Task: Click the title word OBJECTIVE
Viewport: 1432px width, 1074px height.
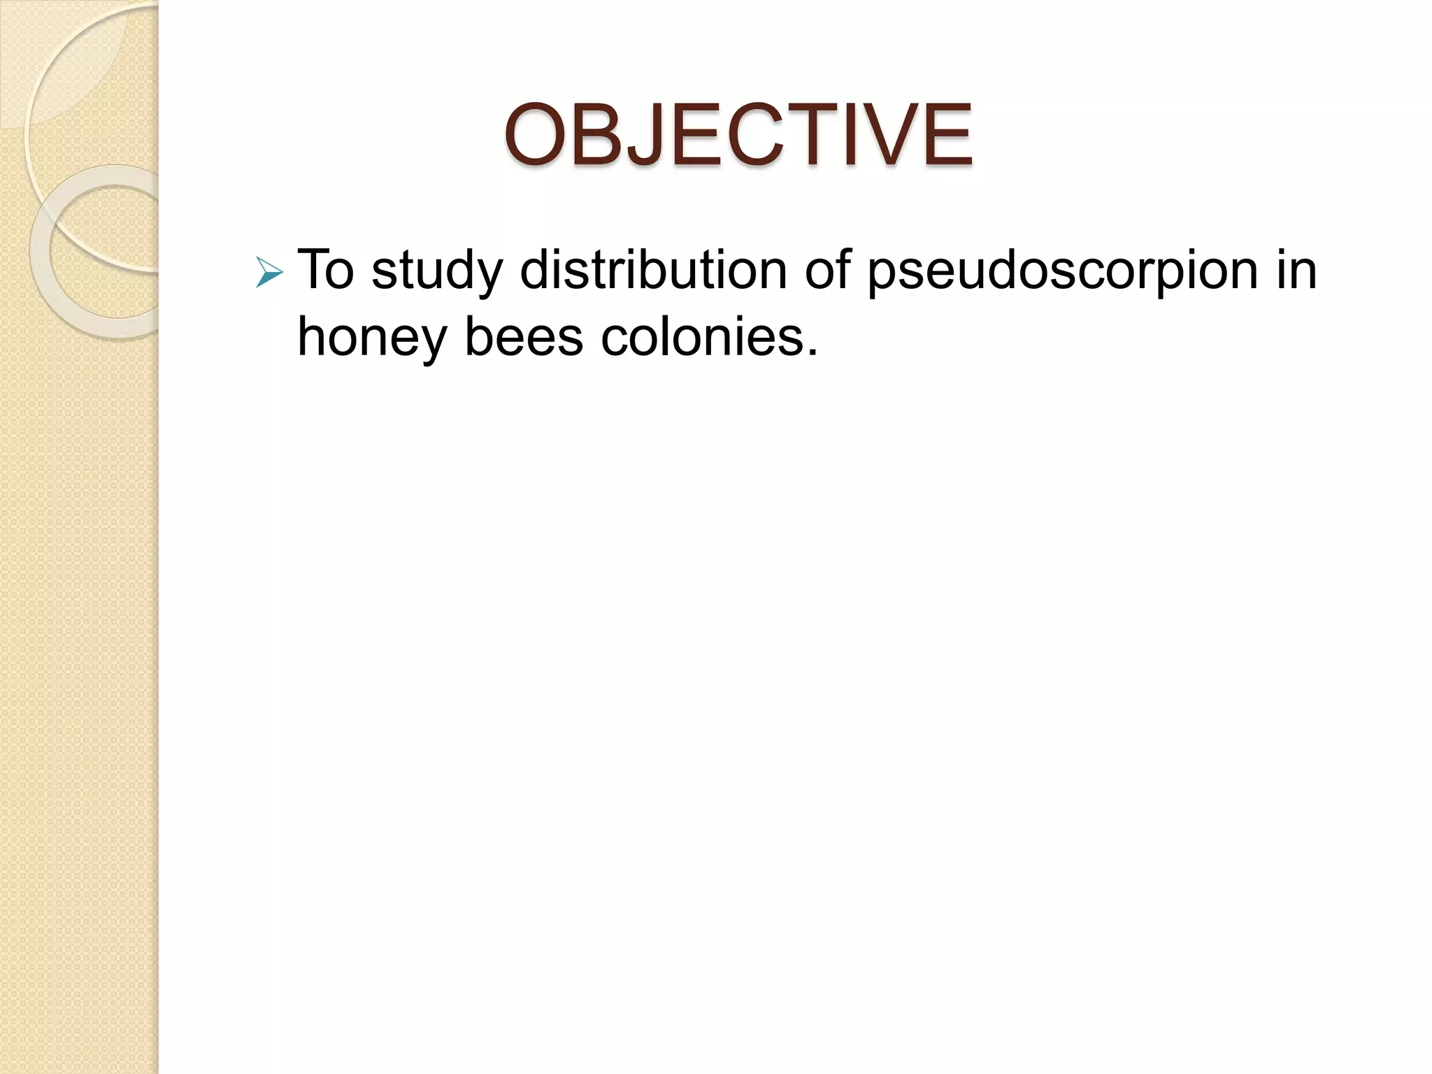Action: pos(738,135)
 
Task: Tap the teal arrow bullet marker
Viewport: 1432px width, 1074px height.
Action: pos(269,273)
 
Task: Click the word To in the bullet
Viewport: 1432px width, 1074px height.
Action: pos(326,270)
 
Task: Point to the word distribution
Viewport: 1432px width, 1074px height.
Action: pos(654,270)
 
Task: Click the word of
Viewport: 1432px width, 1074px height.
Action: pos(828,270)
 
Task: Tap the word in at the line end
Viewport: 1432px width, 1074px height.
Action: pos(1297,270)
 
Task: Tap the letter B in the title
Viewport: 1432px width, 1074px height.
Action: pos(604,135)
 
